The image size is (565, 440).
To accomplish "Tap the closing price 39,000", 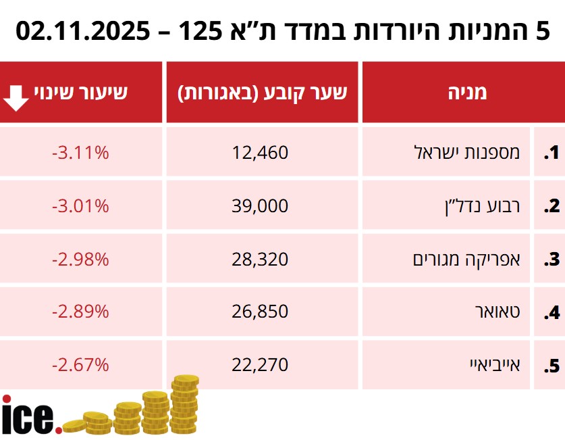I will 260,205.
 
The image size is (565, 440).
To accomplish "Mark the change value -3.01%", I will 80,205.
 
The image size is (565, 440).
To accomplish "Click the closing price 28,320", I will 260,258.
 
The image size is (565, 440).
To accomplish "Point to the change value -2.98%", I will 80,258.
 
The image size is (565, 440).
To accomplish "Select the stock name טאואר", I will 500,312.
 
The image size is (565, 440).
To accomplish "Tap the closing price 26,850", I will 260,312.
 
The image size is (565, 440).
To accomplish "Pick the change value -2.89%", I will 80,312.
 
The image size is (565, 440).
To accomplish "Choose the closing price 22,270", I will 260,365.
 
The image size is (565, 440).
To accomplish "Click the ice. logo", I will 30,414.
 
